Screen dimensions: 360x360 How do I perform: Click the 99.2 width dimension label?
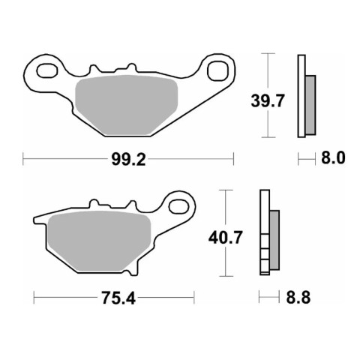pos(128,159)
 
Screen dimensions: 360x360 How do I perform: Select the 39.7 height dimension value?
pos(268,101)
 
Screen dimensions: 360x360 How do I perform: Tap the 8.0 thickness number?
pos(333,158)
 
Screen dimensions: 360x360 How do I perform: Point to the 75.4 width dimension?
pos(118,298)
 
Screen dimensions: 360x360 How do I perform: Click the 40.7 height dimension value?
pos(226,238)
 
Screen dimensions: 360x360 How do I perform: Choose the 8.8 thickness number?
pos(298,298)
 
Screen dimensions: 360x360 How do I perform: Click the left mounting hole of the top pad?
pos(47,70)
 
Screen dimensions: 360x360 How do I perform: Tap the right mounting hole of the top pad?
pos(217,70)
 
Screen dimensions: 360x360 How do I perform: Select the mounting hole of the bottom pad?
pos(178,207)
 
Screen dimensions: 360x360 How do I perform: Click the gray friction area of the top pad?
pos(127,105)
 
